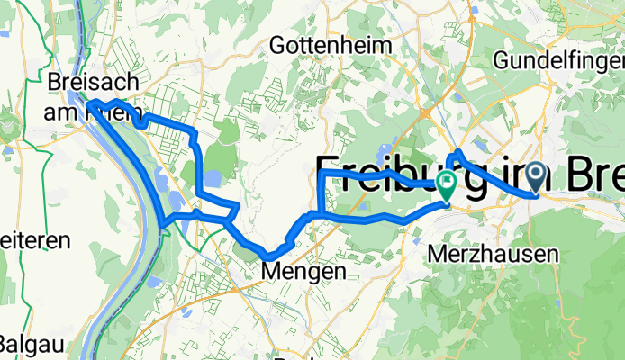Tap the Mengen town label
(x=290, y=270)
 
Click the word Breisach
(x=93, y=82)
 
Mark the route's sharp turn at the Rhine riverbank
(x=163, y=220)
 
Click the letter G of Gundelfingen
(x=501, y=60)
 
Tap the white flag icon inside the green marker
(x=446, y=181)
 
